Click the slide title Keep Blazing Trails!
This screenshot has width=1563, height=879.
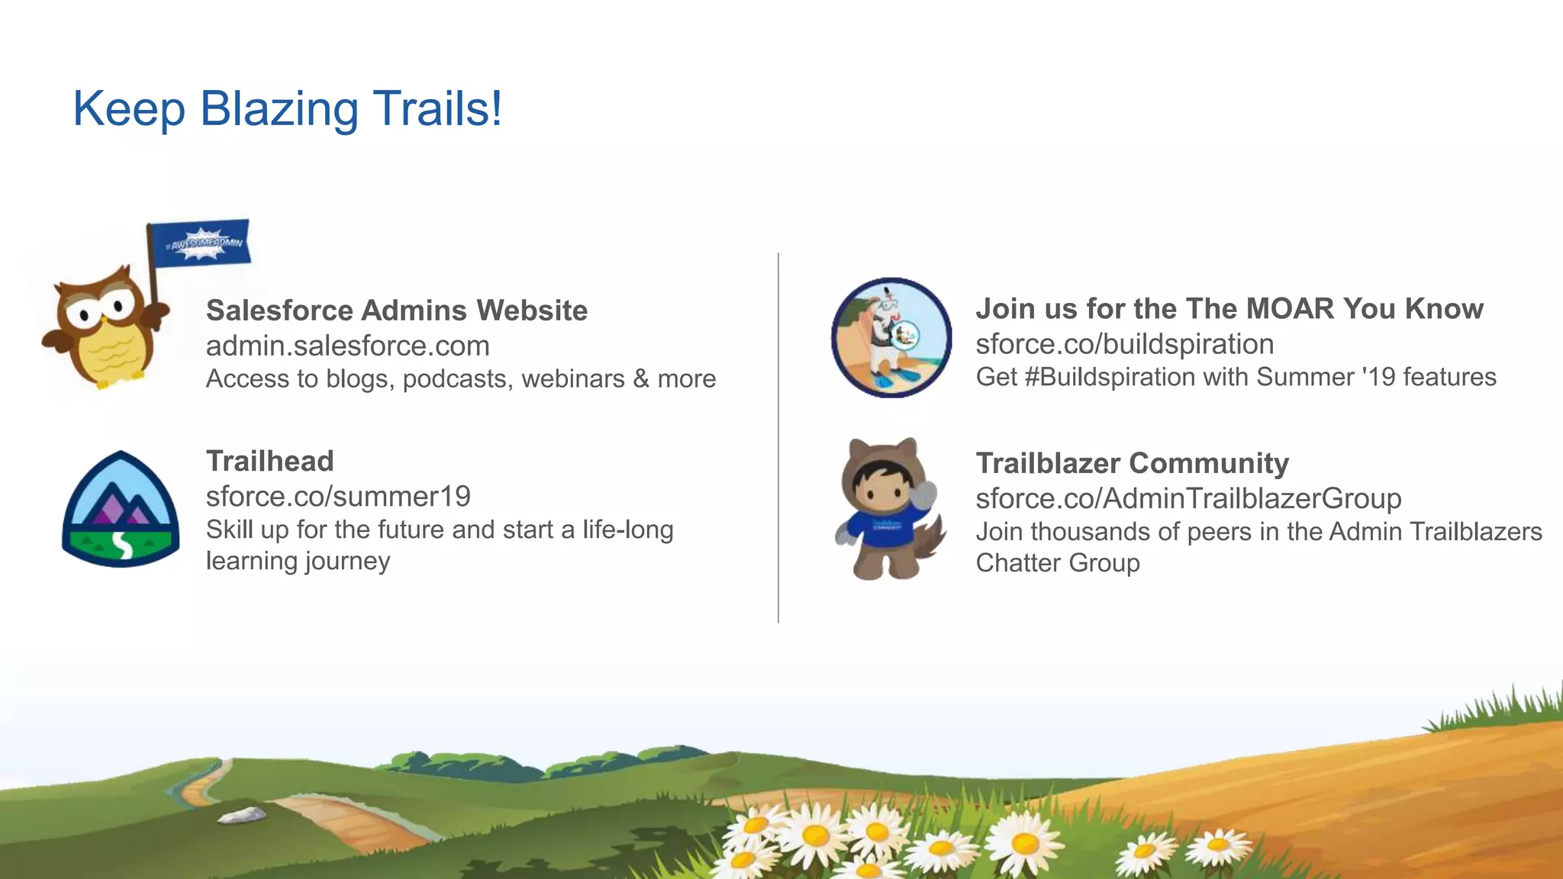287,108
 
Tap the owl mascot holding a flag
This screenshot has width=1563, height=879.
103,328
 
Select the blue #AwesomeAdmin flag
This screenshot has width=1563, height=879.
200,243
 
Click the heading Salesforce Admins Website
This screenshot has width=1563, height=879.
397,311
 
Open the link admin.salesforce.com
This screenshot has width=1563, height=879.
347,346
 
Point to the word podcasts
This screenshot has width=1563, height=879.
457,379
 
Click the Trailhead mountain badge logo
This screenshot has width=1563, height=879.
121,509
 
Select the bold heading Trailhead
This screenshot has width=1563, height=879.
270,461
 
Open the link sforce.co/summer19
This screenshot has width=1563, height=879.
338,497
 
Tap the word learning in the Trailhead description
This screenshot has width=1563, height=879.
252,562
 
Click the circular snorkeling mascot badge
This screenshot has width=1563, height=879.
891,337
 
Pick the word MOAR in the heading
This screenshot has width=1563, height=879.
1290,309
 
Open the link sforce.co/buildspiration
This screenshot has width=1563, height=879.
1124,344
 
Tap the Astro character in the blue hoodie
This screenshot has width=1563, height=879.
887,509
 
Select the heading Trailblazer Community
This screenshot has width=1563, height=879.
1132,463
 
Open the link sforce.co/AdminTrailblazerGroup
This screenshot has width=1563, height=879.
1188,498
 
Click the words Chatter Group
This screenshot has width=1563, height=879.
1057,563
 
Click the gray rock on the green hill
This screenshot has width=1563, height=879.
242,815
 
